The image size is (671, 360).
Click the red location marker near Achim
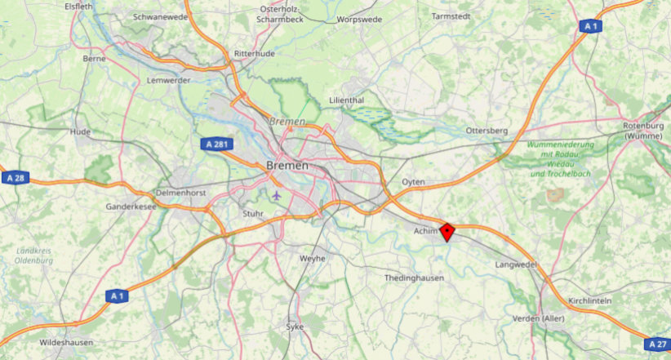[x=447, y=232]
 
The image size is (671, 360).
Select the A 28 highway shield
[x=15, y=178]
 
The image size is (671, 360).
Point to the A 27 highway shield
[x=658, y=344]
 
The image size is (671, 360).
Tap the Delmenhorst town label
[x=181, y=193]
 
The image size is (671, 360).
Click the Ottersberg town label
[x=487, y=131]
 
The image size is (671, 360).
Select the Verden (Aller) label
[x=539, y=318]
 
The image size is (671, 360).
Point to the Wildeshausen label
[x=66, y=342]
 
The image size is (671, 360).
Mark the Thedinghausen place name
[x=414, y=278]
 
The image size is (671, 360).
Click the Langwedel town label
[x=516, y=265]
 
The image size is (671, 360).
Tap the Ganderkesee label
[x=131, y=207]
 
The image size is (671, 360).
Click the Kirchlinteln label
[x=589, y=301]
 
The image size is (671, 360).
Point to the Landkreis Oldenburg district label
[x=33, y=256]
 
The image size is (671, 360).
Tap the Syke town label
[x=294, y=327]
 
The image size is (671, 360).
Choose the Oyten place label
[x=414, y=181]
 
